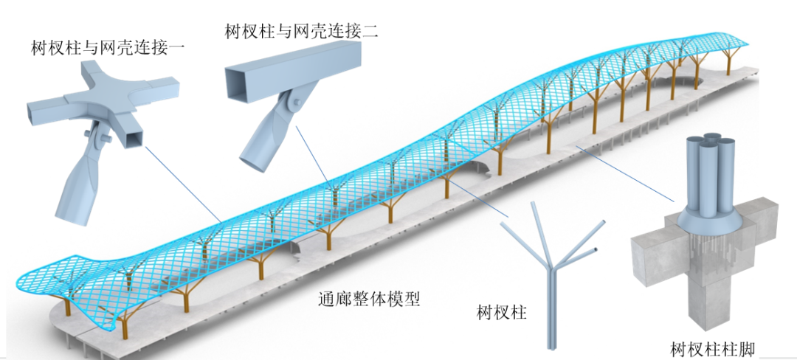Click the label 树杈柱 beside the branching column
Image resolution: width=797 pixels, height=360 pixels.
[502, 312]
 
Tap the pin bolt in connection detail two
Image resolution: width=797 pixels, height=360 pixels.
[296, 103]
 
